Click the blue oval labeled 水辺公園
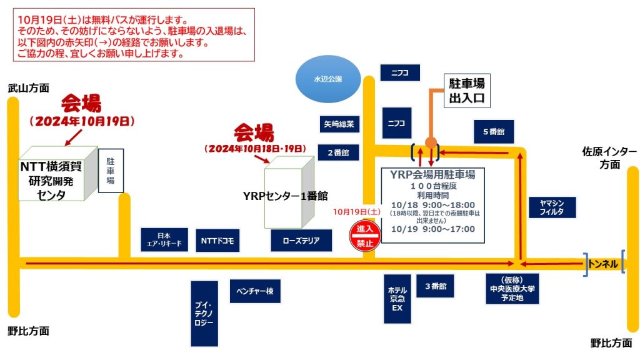click(x=328, y=79)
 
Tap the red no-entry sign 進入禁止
click(x=364, y=236)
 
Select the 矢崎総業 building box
click(x=338, y=124)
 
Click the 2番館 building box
click(x=338, y=152)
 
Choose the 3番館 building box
click(x=435, y=286)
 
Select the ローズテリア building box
click(x=301, y=240)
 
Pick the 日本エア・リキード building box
click(x=164, y=240)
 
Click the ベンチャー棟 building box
click(x=255, y=291)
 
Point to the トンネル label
click(x=603, y=264)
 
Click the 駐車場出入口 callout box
click(x=467, y=91)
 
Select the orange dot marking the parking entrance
click(x=431, y=143)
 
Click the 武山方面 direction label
click(x=28, y=88)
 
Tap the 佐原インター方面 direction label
click(x=609, y=157)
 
